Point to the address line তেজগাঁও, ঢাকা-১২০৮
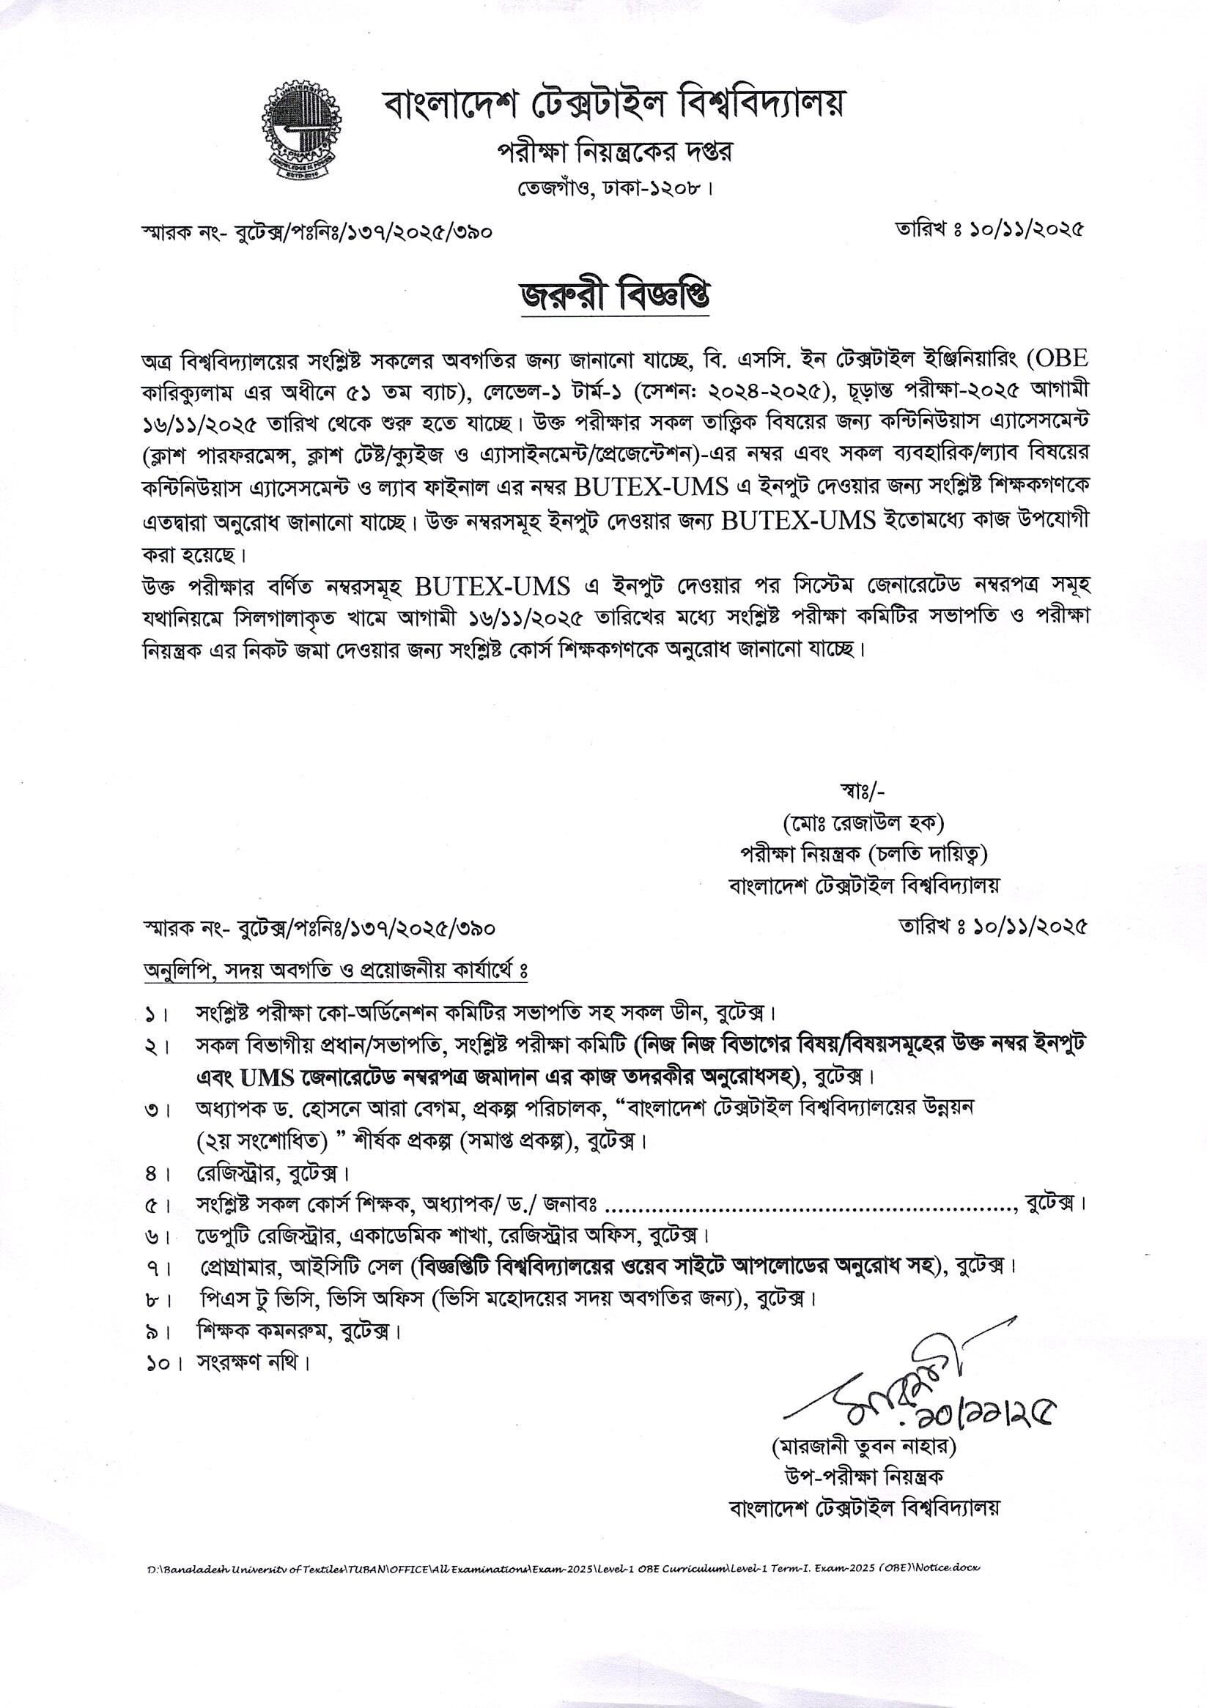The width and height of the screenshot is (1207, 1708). pyautogui.click(x=616, y=189)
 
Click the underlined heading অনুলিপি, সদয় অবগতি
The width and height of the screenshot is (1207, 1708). pyautogui.click(x=335, y=971)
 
